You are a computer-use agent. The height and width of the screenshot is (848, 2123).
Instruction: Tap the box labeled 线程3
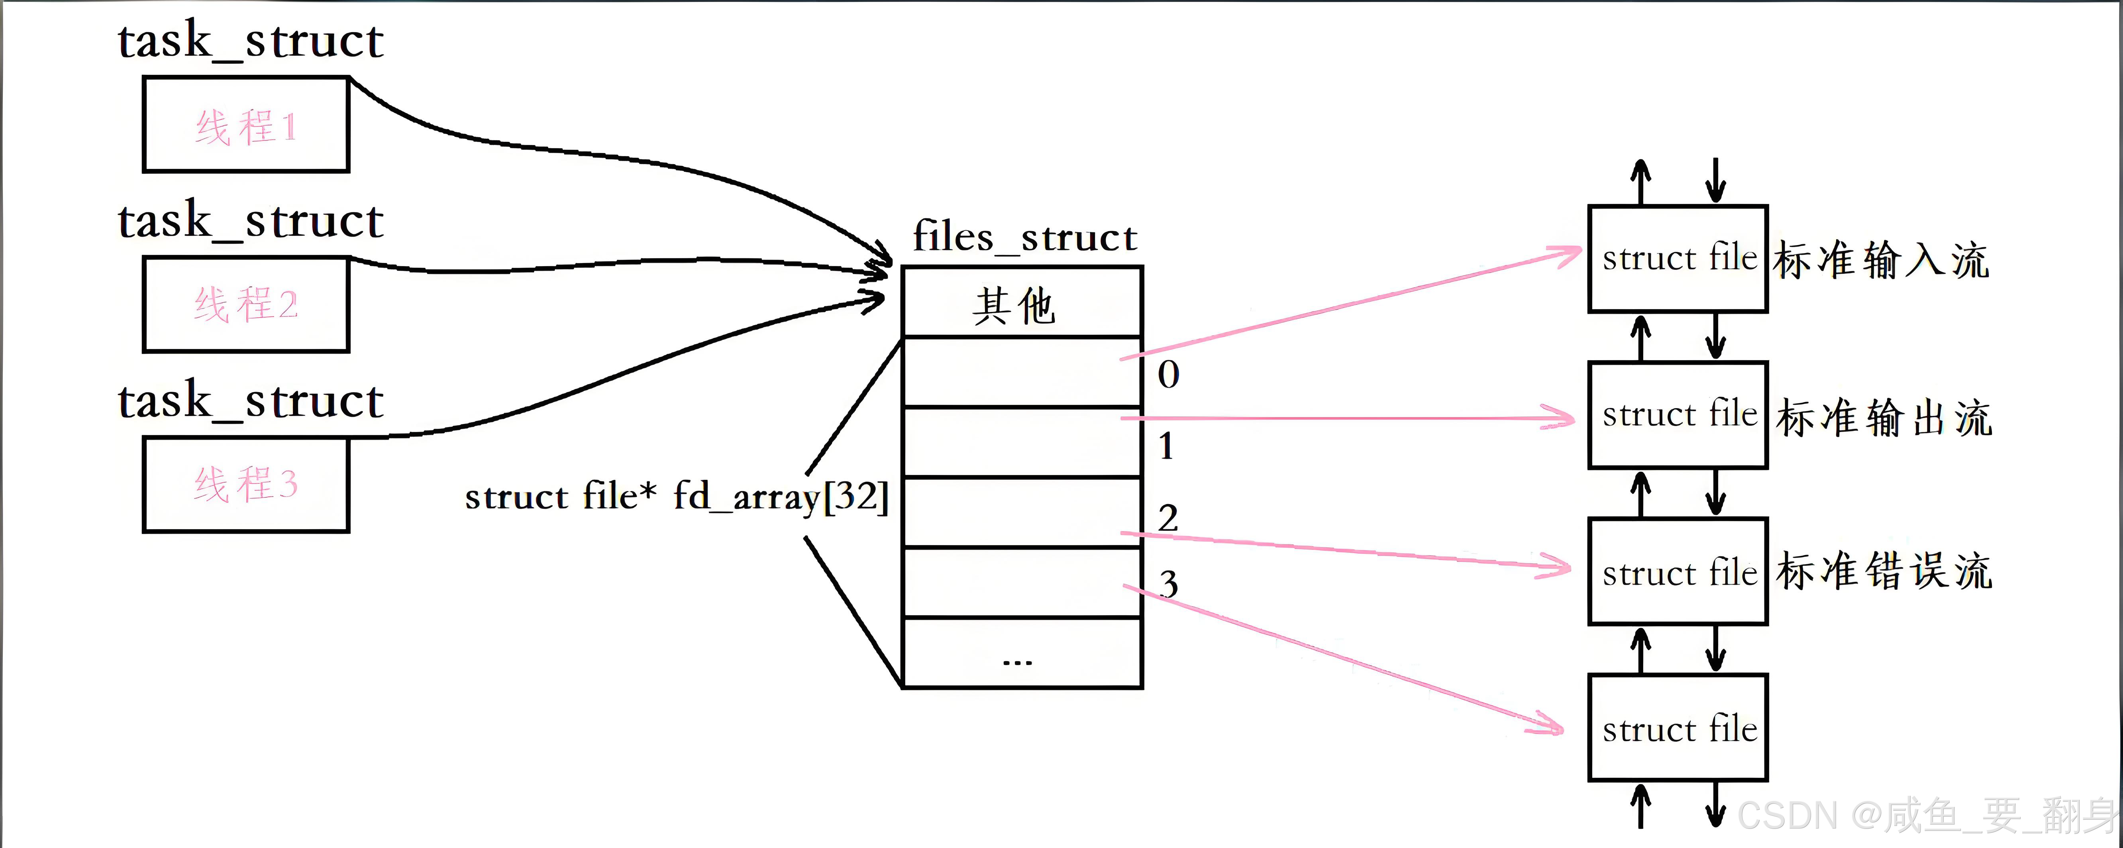coord(245,485)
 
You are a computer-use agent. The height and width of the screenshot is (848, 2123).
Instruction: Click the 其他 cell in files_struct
coord(1022,303)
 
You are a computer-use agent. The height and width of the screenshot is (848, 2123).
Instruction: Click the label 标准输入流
coord(1882,260)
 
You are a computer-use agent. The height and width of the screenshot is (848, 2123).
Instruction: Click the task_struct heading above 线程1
coord(251,41)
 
